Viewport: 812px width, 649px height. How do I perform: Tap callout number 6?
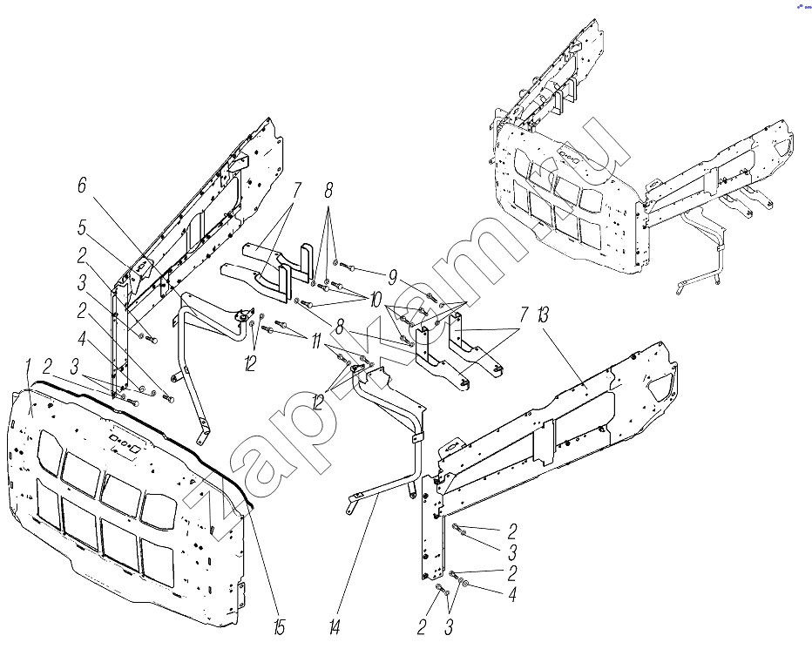click(x=82, y=185)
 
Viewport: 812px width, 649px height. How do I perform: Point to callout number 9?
click(x=393, y=279)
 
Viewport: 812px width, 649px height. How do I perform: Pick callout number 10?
click(x=375, y=299)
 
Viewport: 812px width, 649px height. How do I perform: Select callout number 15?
click(x=278, y=627)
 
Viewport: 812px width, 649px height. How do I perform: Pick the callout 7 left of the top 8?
click(x=297, y=189)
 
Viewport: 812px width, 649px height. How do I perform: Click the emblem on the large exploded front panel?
click(x=124, y=441)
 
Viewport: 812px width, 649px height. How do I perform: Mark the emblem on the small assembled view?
click(x=571, y=159)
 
